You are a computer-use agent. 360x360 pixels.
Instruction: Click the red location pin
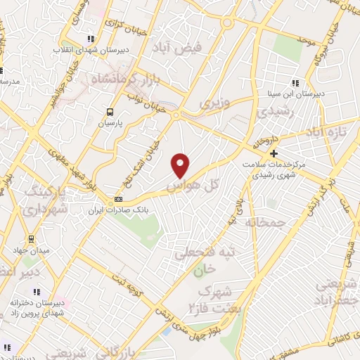[x=181, y=165]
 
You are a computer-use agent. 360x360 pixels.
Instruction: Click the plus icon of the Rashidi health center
[x=274, y=153]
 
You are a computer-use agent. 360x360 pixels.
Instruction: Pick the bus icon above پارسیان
[x=109, y=111]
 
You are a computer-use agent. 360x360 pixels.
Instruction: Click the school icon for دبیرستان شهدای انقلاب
[x=89, y=39]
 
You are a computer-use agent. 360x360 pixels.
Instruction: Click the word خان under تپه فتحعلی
[x=202, y=269]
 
